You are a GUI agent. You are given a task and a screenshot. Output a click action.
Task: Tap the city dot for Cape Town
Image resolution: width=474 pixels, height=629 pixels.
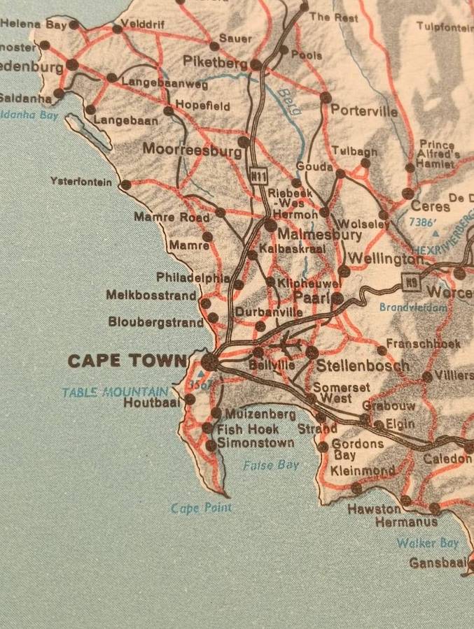(209, 361)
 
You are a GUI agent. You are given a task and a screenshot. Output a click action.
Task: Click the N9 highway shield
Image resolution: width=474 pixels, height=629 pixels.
(411, 282)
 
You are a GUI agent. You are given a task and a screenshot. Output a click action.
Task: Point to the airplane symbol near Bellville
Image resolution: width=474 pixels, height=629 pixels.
(290, 344)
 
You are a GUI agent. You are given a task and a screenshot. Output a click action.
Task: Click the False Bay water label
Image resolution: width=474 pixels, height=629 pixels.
(271, 465)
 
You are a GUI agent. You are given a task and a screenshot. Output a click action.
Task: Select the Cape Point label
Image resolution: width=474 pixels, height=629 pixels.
(201, 508)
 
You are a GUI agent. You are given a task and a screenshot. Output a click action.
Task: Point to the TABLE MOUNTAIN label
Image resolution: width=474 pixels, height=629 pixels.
(115, 392)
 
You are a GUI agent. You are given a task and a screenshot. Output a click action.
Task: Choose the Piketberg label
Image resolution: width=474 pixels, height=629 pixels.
(215, 62)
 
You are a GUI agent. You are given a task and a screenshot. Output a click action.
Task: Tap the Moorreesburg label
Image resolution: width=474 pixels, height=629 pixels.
(191, 149)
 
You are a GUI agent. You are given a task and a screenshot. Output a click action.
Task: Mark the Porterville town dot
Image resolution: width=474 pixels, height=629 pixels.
(326, 98)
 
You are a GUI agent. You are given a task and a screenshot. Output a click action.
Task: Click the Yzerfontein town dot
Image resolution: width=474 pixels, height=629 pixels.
(125, 185)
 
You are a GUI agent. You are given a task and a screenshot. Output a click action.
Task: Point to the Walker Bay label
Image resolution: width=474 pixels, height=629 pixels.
(428, 543)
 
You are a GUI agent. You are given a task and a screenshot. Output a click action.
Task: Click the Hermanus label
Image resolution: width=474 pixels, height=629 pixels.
(406, 522)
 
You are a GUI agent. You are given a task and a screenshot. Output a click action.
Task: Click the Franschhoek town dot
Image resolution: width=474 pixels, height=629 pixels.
(382, 349)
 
